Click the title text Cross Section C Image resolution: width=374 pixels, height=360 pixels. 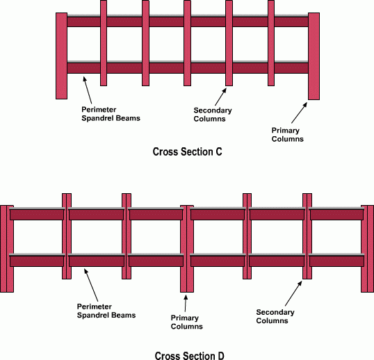(187, 152)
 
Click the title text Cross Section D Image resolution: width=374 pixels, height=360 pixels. (189, 355)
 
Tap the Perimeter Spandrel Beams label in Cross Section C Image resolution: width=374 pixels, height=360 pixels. (111, 114)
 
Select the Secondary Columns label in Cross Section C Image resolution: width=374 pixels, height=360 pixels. (213, 115)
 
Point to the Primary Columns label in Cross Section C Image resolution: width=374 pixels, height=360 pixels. (287, 135)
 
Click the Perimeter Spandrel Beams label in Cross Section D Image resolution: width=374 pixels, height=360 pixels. (106, 311)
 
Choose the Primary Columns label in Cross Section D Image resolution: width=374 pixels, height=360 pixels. (186, 322)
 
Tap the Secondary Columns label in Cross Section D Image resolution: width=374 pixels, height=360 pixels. (275, 316)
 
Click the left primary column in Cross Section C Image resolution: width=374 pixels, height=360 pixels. (61, 56)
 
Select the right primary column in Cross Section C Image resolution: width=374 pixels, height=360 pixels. (314, 56)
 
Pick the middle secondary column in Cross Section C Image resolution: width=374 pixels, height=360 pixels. (187, 43)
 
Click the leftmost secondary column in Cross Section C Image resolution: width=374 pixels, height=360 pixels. (104, 43)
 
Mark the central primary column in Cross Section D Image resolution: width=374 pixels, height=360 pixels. (187, 249)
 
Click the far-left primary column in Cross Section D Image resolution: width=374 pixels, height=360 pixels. (7, 249)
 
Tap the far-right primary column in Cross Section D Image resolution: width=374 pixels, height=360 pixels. (367, 249)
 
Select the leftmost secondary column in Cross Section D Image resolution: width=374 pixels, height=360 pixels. (67, 236)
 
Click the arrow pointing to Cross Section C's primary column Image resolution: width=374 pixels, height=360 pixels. (299, 113)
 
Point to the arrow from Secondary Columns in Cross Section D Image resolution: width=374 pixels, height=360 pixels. (293, 293)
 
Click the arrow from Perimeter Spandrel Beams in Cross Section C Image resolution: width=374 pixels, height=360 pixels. (88, 90)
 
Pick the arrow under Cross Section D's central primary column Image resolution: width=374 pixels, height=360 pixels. (186, 303)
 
